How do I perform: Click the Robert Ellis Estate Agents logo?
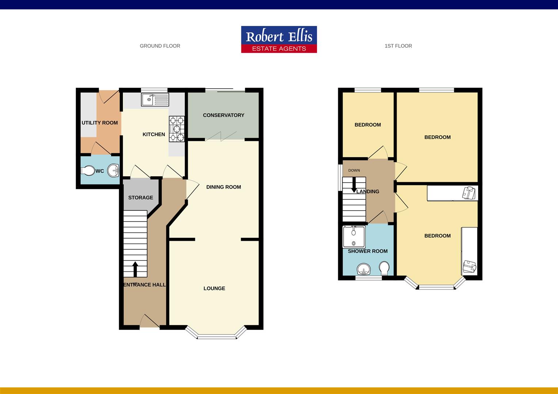tap(279, 39)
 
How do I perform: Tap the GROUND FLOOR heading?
tap(160, 46)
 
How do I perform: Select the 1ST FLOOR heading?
tap(398, 46)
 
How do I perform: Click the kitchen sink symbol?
tap(155, 100)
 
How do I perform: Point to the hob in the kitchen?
tap(177, 128)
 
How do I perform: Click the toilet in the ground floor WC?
tap(88, 171)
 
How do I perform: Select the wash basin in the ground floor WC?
tap(114, 170)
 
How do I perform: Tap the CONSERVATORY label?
tap(223, 115)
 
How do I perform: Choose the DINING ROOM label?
tap(223, 187)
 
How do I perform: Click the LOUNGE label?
tap(214, 289)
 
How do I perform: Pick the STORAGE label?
tap(141, 198)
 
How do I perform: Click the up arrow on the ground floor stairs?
tap(135, 269)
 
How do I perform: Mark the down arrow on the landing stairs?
tap(353, 186)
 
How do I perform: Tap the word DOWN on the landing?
tap(354, 170)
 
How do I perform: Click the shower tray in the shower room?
tap(354, 236)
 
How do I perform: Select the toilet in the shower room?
tap(384, 268)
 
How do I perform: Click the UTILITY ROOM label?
tap(100, 123)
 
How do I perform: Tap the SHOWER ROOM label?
tap(368, 251)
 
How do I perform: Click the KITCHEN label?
tap(154, 135)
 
